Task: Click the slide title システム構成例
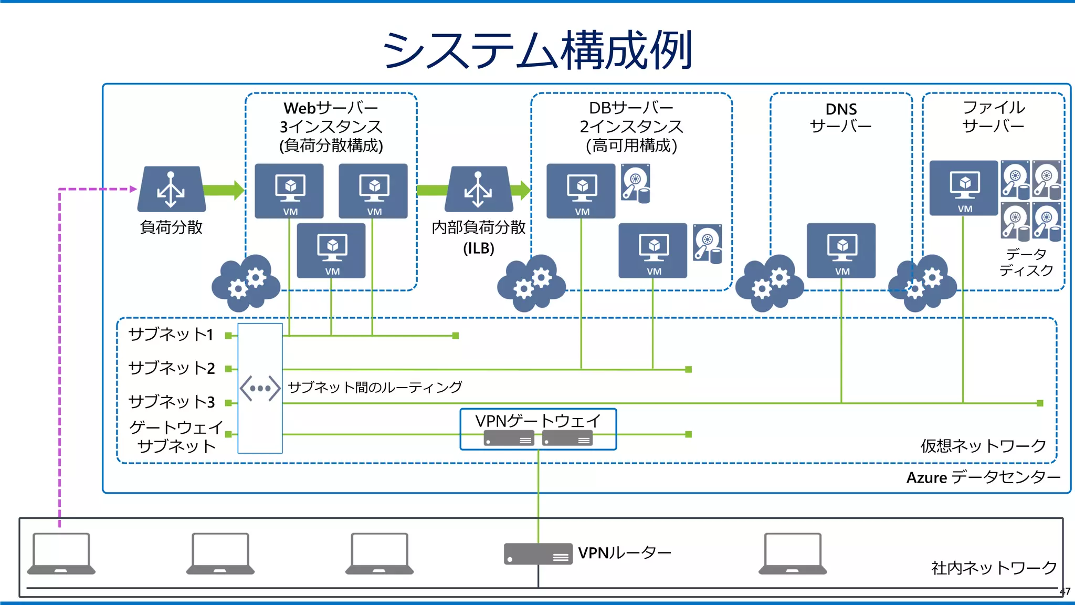537,50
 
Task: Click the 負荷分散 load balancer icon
171,190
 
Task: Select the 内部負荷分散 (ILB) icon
478,190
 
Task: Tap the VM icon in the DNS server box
841,251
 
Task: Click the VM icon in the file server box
964,188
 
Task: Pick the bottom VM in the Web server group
331,251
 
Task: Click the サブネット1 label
171,335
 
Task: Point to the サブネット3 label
172,402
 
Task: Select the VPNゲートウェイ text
537,421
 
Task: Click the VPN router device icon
538,554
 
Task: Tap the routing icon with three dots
260,389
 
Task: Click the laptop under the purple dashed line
61,554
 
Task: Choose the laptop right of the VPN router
793,554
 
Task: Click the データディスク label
1026,262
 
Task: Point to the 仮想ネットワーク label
983,446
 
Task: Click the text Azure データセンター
983,477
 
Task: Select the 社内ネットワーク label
994,568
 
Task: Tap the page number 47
1065,592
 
